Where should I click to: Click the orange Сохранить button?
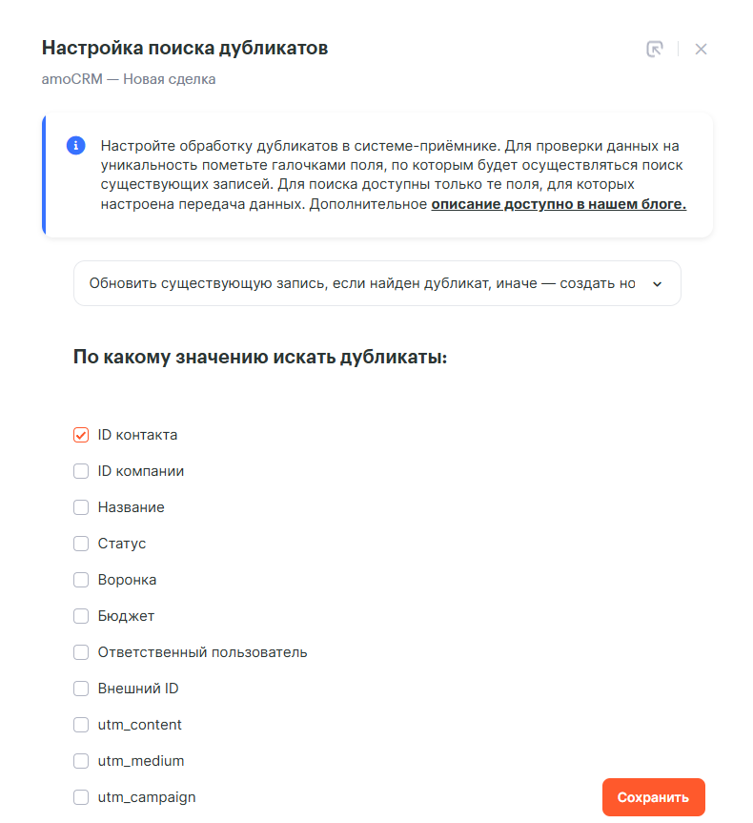(653, 797)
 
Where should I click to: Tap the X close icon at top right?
(701, 50)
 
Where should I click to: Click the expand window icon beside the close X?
(654, 50)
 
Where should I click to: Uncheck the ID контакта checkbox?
(81, 435)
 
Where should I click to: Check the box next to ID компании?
(81, 471)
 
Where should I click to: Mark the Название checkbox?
(81, 507)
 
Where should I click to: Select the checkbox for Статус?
(81, 544)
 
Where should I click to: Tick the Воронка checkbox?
(81, 580)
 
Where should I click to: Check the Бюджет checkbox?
(81, 616)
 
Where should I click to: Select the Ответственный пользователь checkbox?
(81, 652)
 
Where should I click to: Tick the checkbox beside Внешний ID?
(81, 689)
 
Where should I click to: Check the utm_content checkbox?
(81, 725)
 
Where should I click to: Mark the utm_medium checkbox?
(81, 761)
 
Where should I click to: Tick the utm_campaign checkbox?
(81, 797)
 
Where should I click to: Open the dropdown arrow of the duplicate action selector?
(656, 283)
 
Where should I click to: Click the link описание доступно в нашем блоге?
(559, 204)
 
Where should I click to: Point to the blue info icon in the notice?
(75, 146)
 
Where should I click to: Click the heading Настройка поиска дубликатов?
(185, 48)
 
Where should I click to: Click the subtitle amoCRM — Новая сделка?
(129, 79)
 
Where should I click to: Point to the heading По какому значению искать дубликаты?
(260, 359)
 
